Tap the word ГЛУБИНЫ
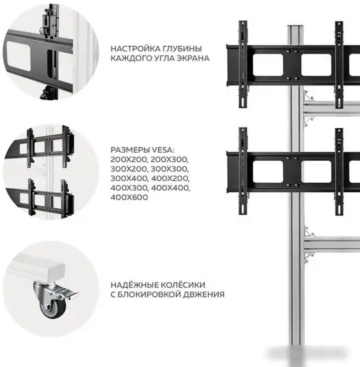pyautogui.click(x=183, y=48)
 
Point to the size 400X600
pyautogui.click(x=131, y=198)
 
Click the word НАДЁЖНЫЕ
pyautogui.click(x=134, y=284)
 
